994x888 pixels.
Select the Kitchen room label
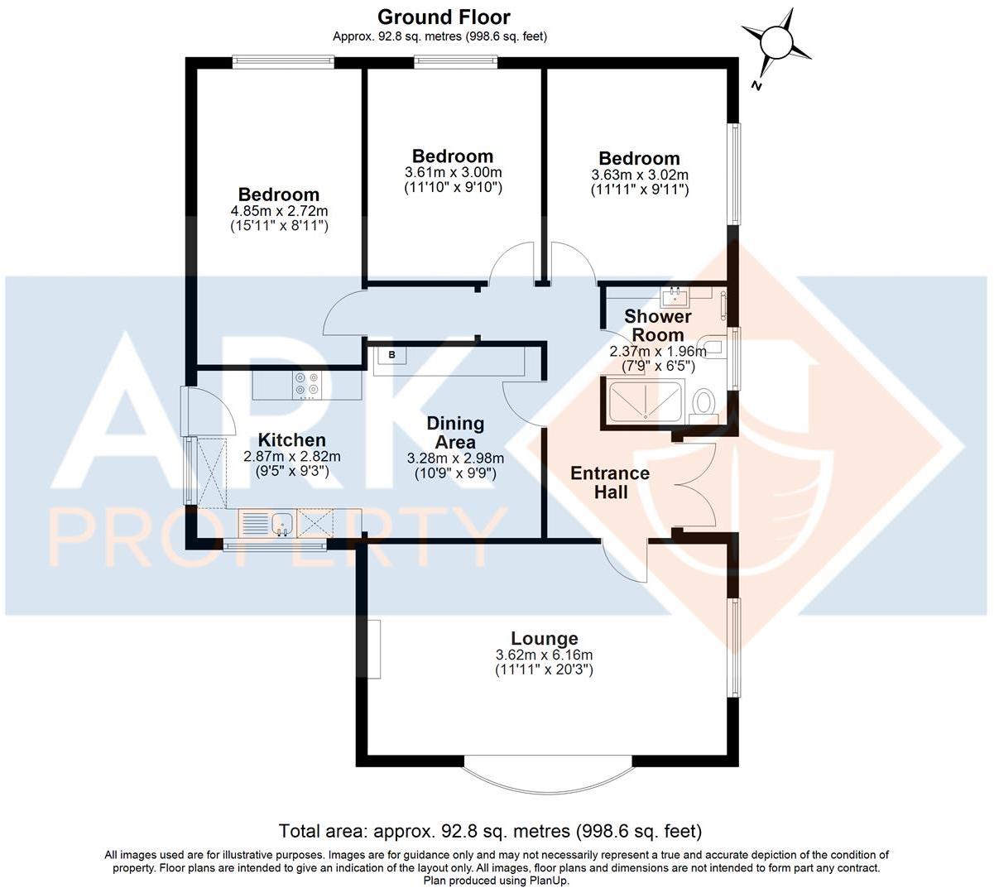pos(291,440)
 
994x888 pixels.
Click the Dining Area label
pos(455,432)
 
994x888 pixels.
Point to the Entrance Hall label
pos(610,482)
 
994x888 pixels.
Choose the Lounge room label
pos(544,638)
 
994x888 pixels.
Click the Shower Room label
pos(657,325)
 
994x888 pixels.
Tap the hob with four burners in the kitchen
pos(307,384)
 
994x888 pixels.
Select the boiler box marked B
pos(391,355)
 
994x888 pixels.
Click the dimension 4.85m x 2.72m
pos(279,210)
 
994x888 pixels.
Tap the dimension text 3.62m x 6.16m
pos(544,655)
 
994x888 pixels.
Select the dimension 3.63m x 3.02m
pos(639,175)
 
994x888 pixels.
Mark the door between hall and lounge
pos(625,560)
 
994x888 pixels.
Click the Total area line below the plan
pos(490,830)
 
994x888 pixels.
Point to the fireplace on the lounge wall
pos(374,649)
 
